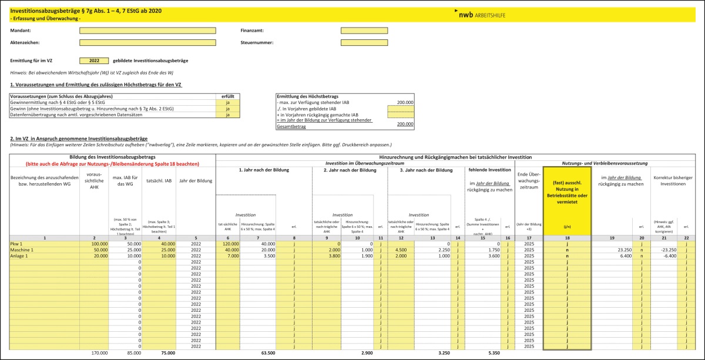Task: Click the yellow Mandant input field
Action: tap(147, 31)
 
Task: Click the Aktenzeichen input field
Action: tap(147, 42)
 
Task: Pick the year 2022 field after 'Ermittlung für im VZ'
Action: tap(94, 60)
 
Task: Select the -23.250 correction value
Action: tap(664, 250)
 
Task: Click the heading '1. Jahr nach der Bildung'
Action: tap(264, 170)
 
